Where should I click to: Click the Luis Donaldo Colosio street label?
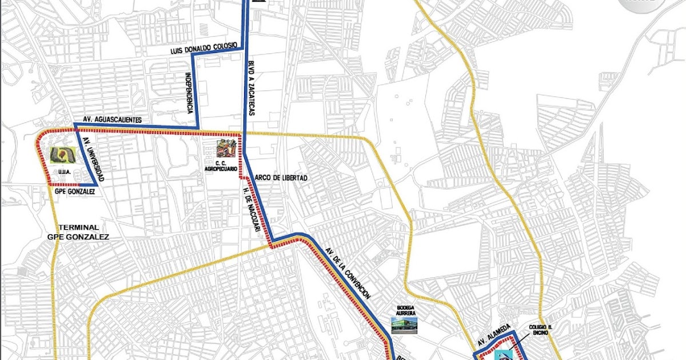coord(204,50)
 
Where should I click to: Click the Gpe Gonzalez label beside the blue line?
coord(74,193)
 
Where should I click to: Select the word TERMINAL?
coord(78,227)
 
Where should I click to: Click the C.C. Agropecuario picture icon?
coord(227,148)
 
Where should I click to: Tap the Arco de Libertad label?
coord(281,178)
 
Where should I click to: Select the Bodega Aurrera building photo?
coord(405,325)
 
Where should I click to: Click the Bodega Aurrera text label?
coord(405,310)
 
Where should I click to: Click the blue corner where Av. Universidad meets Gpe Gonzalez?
coord(98,185)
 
